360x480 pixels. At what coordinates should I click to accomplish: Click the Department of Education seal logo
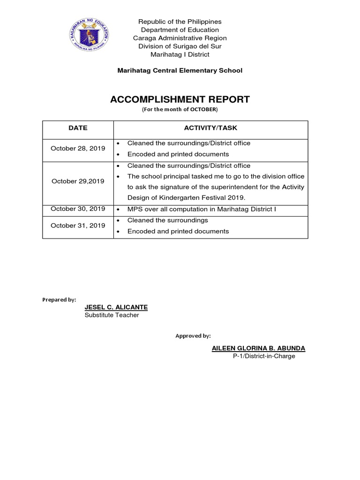tap(89, 35)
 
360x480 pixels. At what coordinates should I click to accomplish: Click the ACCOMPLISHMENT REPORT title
tap(180, 99)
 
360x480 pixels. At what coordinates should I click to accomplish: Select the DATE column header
tap(78, 127)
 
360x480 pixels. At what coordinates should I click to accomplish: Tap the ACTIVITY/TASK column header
tap(210, 127)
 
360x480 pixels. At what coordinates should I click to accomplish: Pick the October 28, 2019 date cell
tap(78, 149)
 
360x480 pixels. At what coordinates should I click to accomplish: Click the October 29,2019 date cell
tap(78, 181)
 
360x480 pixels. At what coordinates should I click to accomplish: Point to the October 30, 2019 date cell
tap(78, 209)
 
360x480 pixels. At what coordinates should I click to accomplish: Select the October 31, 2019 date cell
tap(78, 225)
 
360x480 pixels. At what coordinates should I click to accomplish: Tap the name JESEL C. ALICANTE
tap(116, 307)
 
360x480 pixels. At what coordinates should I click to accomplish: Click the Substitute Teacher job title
tap(112, 315)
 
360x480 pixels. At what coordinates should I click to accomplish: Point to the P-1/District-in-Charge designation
tap(264, 356)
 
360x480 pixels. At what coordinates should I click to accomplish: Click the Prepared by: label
tap(59, 300)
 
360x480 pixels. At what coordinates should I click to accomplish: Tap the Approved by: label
tap(193, 336)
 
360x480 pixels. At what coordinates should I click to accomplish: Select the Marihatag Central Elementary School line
tap(180, 70)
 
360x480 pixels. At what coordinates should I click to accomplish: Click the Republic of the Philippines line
tap(180, 22)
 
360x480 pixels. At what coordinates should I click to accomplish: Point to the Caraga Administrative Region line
tap(180, 38)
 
